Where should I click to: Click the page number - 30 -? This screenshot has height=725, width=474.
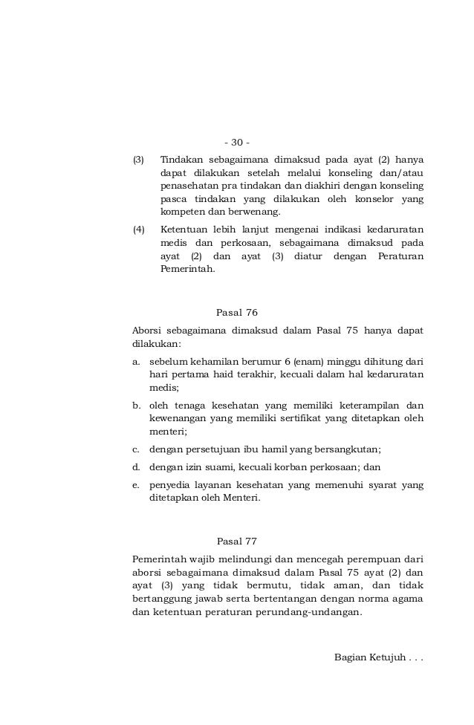(x=237, y=142)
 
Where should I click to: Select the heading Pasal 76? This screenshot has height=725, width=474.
(x=236, y=312)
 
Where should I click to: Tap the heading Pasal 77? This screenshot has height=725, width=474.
(x=236, y=541)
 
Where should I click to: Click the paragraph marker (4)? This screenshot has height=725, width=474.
(x=138, y=230)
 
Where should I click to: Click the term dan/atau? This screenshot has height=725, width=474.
(x=402, y=172)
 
